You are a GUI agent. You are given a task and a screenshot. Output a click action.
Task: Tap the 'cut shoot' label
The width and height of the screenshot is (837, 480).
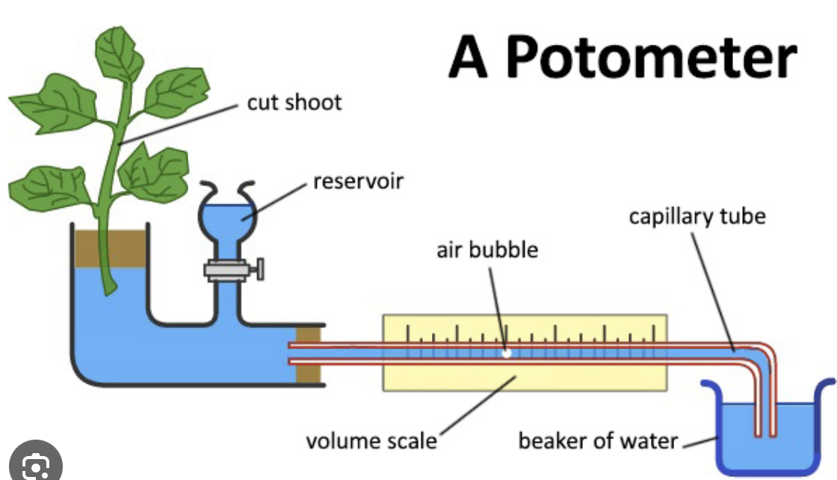click(x=294, y=102)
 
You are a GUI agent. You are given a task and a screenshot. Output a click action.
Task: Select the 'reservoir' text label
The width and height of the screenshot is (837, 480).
click(x=358, y=180)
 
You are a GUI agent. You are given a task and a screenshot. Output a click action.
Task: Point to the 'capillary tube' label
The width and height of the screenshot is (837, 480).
click(x=697, y=217)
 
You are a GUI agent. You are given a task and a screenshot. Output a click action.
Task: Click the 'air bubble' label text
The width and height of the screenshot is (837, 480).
click(x=487, y=249)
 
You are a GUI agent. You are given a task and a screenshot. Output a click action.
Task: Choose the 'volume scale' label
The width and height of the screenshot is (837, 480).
click(x=371, y=440)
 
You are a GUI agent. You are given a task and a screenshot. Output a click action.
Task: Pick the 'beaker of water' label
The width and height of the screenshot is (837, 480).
click(x=597, y=440)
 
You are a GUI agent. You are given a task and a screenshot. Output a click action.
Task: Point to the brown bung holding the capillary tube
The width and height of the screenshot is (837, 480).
click(x=309, y=354)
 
